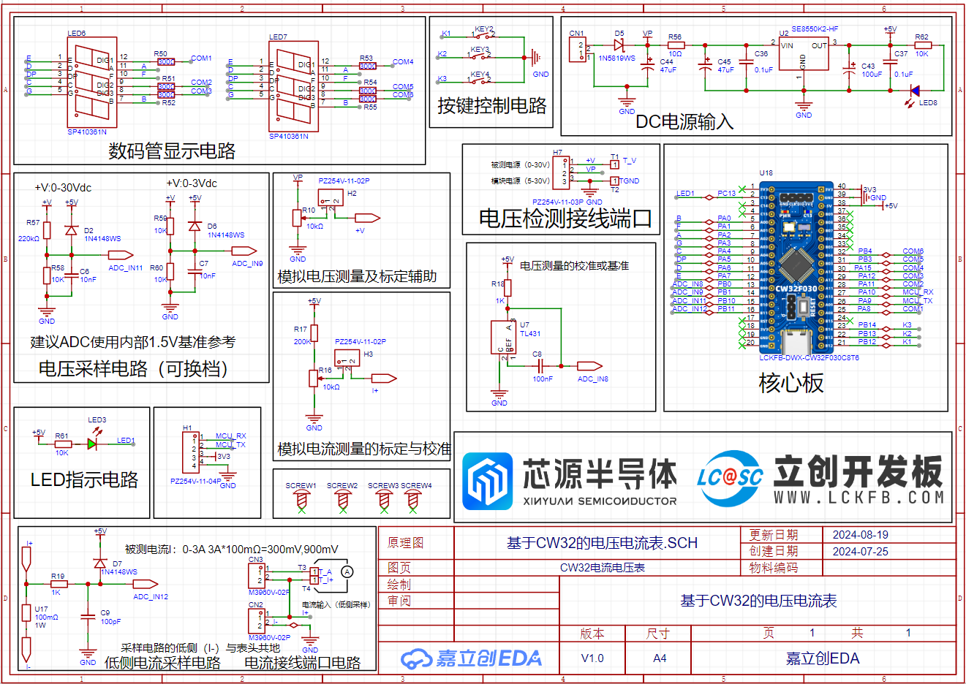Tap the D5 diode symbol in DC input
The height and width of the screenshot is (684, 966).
[x=619, y=45]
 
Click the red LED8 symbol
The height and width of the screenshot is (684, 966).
[x=913, y=91]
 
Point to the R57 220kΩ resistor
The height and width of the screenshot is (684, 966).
[x=47, y=231]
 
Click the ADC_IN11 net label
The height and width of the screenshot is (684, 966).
[x=121, y=255]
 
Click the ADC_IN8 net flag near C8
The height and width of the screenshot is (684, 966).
[x=589, y=366]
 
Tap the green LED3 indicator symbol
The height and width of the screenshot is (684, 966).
[x=92, y=443]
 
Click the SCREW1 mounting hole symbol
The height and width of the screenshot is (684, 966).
[x=301, y=498]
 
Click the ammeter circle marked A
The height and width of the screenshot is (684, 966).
[x=347, y=571]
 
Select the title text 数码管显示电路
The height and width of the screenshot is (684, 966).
[x=172, y=151]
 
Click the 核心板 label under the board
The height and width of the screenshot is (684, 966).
[x=791, y=383]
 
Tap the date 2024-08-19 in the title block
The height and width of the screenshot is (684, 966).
[x=860, y=535]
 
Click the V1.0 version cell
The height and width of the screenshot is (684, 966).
[x=592, y=658]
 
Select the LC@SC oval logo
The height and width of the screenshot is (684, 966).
[x=730, y=478]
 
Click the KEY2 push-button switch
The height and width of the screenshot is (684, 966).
[x=484, y=34]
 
